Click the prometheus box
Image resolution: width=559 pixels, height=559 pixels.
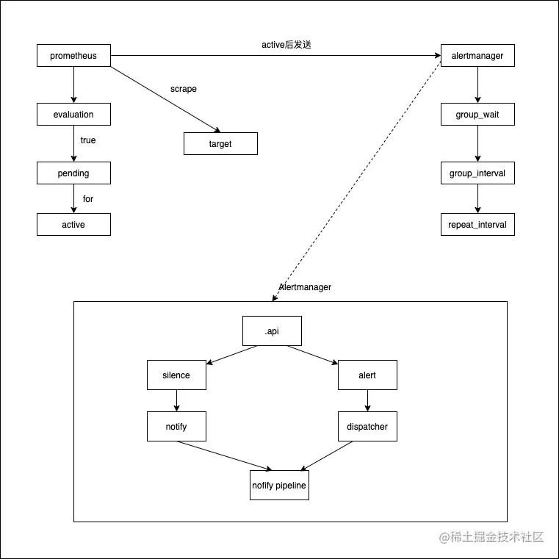(73, 56)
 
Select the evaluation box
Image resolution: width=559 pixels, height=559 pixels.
(73, 115)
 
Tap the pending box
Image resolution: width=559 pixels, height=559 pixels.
(73, 173)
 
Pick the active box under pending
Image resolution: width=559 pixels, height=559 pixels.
(73, 225)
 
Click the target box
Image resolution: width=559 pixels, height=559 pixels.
(220, 144)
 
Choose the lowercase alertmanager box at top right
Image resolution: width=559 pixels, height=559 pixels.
(477, 56)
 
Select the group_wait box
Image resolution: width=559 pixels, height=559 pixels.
(477, 115)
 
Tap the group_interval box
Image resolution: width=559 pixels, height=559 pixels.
(477, 173)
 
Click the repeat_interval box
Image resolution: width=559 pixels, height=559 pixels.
(477, 225)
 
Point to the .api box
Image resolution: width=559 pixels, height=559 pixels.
(272, 331)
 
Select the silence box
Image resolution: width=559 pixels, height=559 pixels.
(176, 375)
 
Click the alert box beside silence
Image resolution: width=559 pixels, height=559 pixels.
(367, 375)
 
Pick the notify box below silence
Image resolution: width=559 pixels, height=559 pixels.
(176, 427)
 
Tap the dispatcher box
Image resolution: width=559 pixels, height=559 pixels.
(367, 427)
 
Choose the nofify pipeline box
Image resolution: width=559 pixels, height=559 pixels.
(279, 486)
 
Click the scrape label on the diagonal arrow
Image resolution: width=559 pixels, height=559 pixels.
(184, 89)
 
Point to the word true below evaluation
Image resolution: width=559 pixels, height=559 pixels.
(88, 140)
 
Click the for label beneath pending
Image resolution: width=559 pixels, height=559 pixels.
(88, 199)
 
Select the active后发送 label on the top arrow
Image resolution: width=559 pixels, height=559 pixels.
(286, 45)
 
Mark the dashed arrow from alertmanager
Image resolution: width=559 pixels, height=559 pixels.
(360, 176)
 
